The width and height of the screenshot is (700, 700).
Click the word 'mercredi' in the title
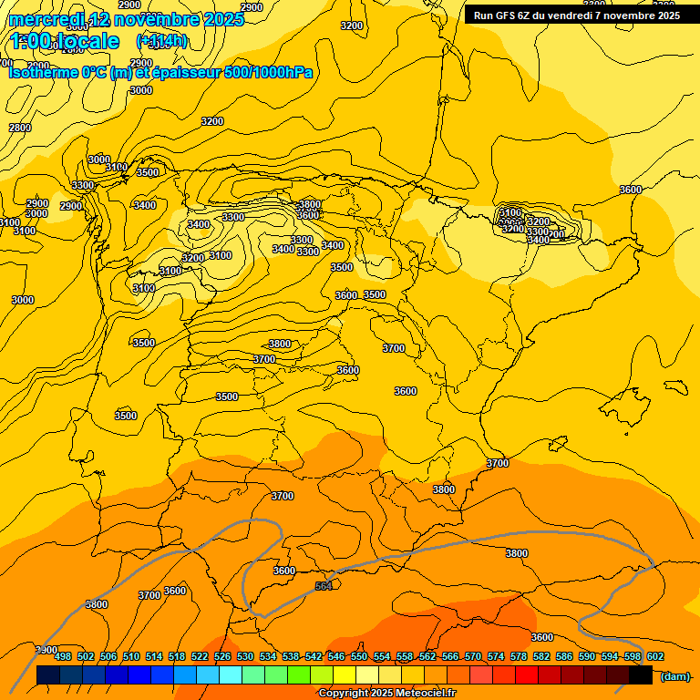click(x=47, y=19)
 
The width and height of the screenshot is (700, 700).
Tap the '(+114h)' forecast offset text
click(x=161, y=41)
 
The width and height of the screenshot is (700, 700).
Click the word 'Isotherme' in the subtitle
click(x=44, y=72)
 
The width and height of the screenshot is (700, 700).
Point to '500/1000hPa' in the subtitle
click(x=269, y=72)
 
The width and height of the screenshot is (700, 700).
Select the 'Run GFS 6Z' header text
click(x=506, y=15)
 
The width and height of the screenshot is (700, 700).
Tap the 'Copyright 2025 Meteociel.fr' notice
click(x=386, y=694)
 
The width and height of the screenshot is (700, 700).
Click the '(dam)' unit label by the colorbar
click(x=674, y=675)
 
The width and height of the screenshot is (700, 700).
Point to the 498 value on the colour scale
click(x=63, y=656)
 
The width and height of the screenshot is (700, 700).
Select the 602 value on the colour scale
click(x=655, y=656)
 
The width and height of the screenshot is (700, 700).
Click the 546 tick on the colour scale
click(x=336, y=656)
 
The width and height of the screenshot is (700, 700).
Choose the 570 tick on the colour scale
click(x=473, y=656)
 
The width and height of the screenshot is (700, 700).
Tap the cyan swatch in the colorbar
click(x=231, y=675)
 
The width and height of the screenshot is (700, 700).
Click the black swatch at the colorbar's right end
click(x=641, y=675)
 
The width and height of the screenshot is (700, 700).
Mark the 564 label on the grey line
click(x=324, y=586)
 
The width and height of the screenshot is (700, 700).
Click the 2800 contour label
click(x=20, y=128)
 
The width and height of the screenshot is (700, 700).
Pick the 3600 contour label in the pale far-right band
click(x=630, y=190)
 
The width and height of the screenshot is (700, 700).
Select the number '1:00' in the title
click(x=33, y=41)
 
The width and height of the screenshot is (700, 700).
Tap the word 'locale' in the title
click(x=87, y=41)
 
